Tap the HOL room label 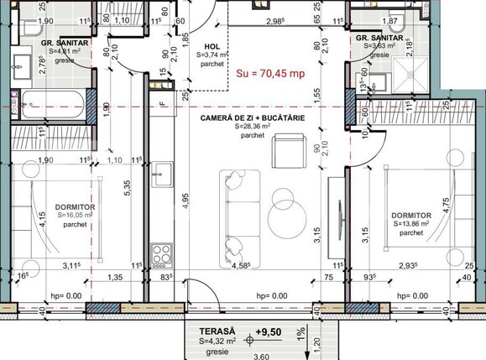pyautogui.click(x=212, y=47)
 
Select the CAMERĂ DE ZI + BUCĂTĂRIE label pyautogui.click(x=252, y=118)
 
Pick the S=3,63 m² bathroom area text pyautogui.click(x=379, y=46)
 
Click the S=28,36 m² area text pyautogui.click(x=252, y=127)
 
